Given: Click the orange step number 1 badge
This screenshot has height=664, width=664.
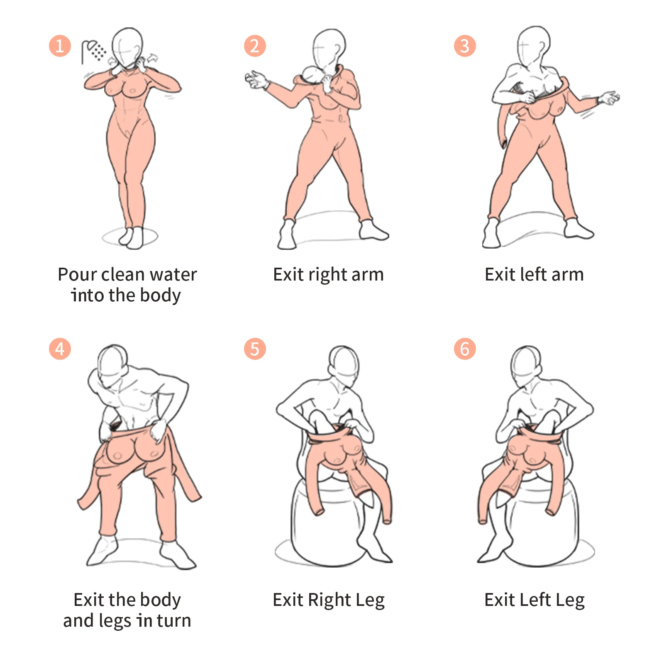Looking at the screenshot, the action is tap(60, 46).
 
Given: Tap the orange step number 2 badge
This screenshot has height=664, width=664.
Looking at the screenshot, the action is tap(255, 46).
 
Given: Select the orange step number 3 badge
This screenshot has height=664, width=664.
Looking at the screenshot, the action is tap(465, 46).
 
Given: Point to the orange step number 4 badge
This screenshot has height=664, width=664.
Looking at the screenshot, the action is tap(60, 349).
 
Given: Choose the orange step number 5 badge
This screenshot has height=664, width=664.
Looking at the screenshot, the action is tap(255, 349).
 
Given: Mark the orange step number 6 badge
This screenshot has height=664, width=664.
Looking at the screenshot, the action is tap(465, 349).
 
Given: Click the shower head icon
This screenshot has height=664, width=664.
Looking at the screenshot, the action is tap(93, 51).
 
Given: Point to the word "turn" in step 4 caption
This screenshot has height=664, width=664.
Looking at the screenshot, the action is tap(174, 621).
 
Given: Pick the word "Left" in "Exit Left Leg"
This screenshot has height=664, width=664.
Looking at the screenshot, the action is tap(535, 600).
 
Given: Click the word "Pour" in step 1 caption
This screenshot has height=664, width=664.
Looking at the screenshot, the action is tap(77, 275).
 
